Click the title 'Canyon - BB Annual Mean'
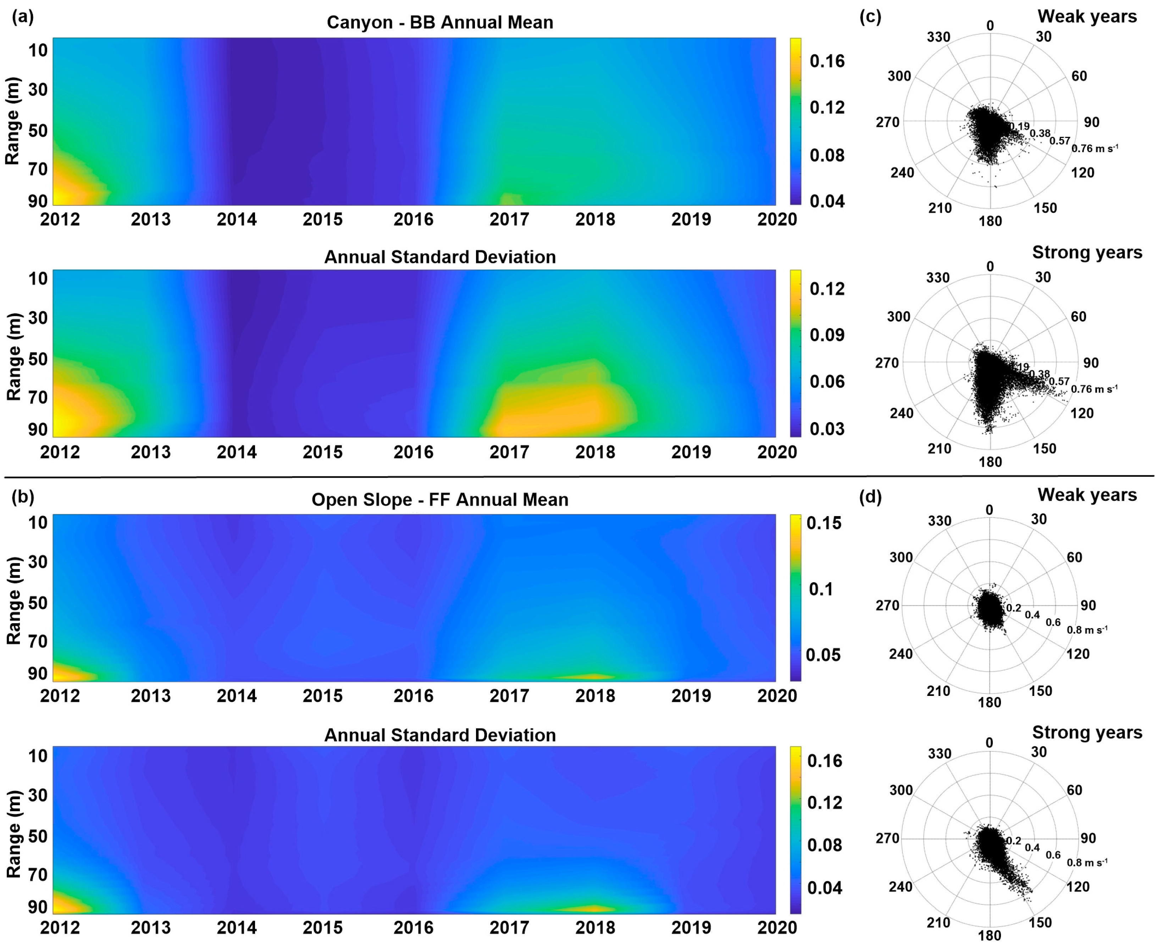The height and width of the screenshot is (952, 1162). [440, 22]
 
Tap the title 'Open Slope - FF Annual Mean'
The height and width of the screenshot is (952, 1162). [440, 499]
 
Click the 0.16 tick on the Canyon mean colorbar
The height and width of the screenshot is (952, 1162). [827, 61]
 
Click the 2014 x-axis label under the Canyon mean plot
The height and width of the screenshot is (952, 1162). [236, 219]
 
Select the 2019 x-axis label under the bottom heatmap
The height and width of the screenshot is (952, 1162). [691, 927]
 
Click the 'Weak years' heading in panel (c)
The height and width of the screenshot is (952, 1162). [1087, 16]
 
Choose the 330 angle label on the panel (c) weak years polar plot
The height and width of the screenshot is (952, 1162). [938, 37]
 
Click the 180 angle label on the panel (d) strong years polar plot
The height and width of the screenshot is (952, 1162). [990, 935]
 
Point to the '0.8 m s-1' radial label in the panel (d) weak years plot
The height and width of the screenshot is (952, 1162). [1087, 630]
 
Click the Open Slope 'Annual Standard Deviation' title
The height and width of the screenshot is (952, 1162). [440, 735]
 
